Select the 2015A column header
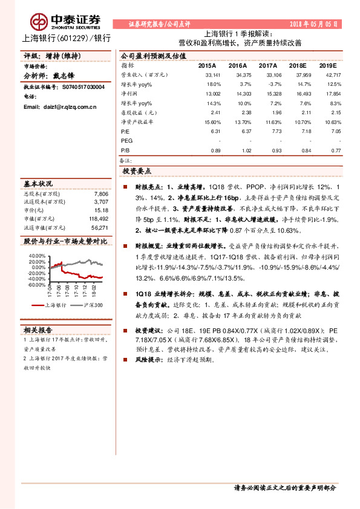coord(207,65)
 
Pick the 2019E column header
coord(327,65)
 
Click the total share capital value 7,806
coord(101,193)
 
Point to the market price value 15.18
coord(101,210)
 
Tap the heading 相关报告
coord(38,329)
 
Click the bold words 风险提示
coord(148,359)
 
